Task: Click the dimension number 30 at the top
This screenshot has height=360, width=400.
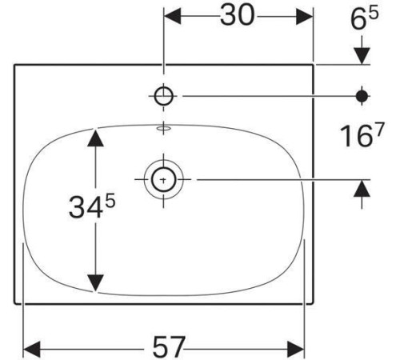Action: [237, 16]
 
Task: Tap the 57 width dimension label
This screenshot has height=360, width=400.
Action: [169, 347]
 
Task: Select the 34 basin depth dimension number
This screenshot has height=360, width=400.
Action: [86, 207]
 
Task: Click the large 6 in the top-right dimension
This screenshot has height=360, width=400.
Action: [358, 19]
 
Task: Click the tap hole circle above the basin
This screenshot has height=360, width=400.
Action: [164, 96]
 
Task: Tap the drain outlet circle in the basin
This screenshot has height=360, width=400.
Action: [164, 180]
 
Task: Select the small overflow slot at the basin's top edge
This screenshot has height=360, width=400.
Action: [164, 129]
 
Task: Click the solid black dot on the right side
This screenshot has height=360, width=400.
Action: [362, 96]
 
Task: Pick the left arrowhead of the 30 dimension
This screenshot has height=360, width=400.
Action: [173, 16]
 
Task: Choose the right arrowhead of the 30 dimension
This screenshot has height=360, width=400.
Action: [304, 16]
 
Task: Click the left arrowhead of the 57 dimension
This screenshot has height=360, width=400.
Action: [32, 349]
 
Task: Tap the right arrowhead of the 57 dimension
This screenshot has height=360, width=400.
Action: [296, 349]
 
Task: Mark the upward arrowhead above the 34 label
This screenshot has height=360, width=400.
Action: [95, 138]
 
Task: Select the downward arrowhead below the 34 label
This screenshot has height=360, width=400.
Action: [95, 283]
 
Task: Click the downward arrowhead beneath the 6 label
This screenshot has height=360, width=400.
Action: [362, 56]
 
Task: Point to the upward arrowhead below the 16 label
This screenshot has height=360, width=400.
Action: [362, 188]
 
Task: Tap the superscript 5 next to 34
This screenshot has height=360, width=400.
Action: [110, 201]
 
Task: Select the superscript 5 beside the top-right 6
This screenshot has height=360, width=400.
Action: [373, 13]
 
